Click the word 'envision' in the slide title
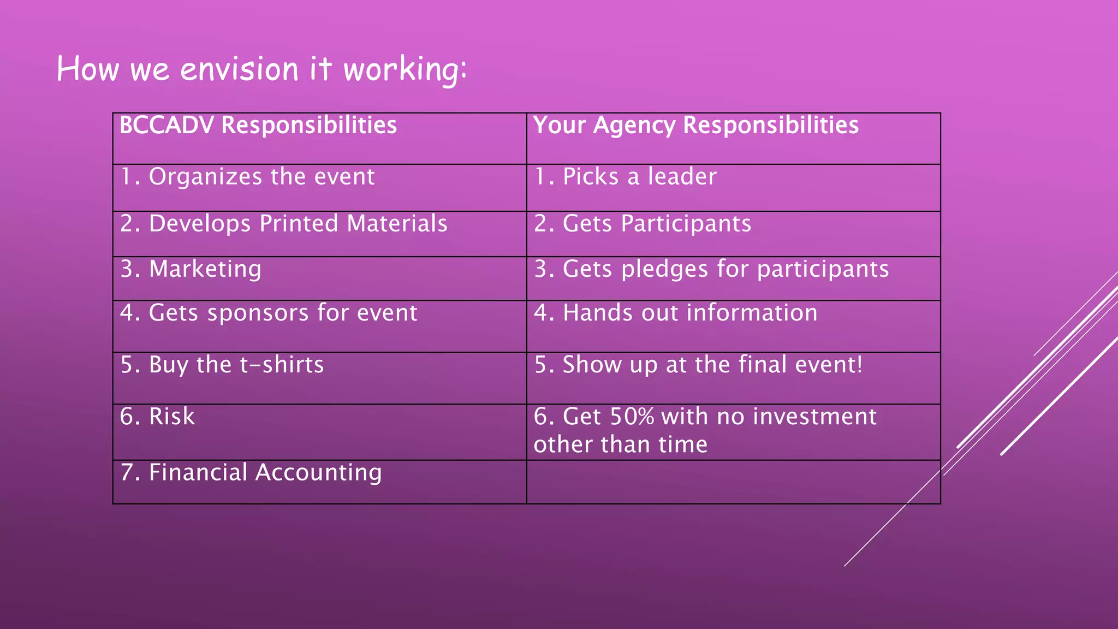coord(239,70)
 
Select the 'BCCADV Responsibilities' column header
coord(258,126)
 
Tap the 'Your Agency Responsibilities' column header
coord(695,126)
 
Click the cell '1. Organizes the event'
coord(247,177)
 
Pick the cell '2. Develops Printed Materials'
coord(284,224)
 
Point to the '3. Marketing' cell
coord(191,269)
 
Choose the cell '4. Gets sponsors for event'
coord(269,313)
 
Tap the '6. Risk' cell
coord(157,417)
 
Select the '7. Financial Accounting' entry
coord(251,473)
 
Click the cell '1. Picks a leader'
coord(625,177)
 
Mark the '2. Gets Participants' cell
coord(643,224)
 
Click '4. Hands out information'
coord(676,313)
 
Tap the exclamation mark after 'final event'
coord(860,364)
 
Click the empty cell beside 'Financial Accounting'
coord(733,482)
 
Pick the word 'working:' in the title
coord(405,70)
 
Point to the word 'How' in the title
coord(88,70)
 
